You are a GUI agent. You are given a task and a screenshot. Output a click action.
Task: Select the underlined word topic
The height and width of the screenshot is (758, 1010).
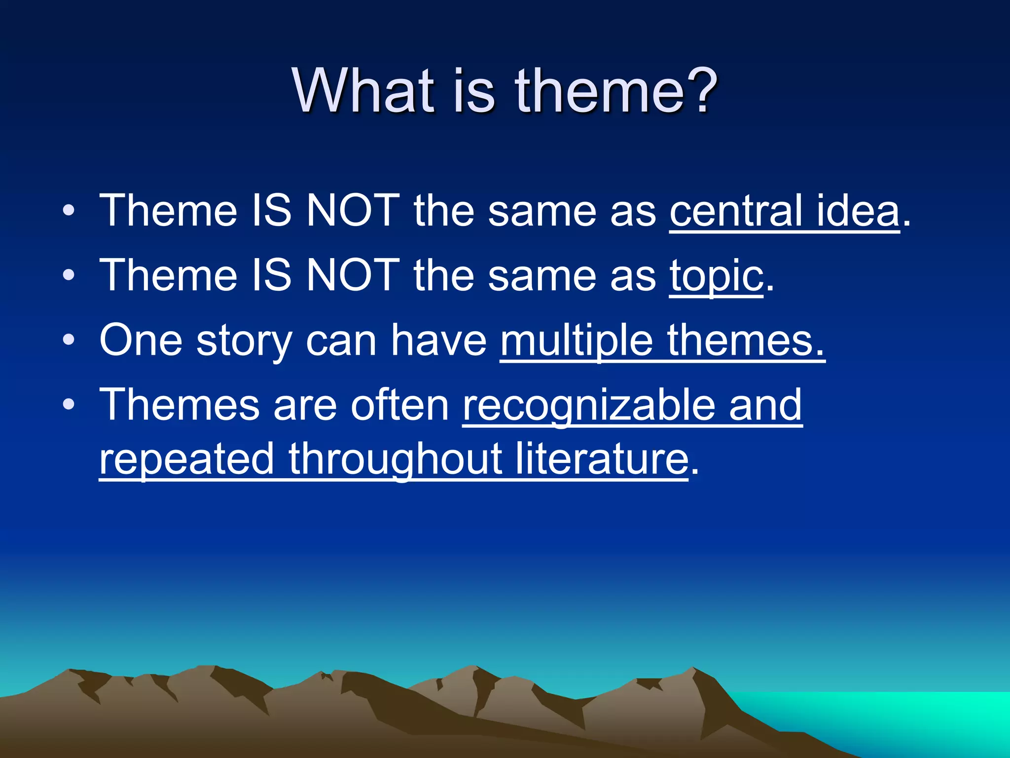716,276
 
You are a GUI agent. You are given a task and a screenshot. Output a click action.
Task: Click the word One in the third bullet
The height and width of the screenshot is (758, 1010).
141,340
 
